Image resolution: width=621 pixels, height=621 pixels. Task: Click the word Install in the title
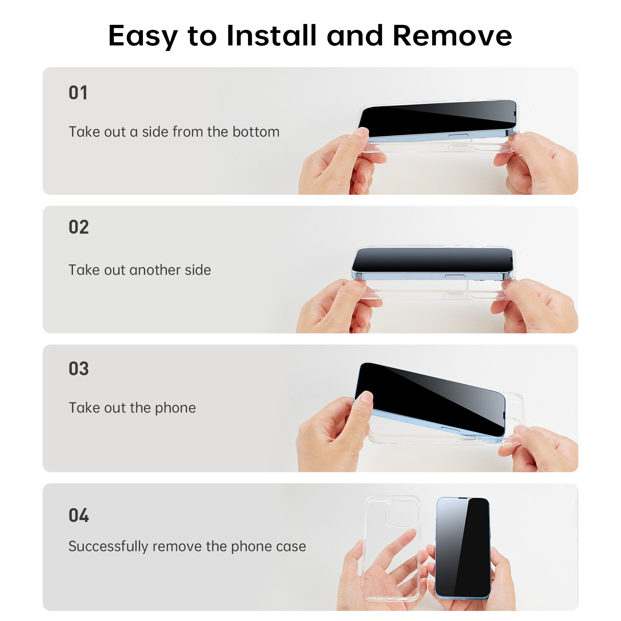click(x=271, y=36)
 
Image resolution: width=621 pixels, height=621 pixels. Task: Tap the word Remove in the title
click(x=452, y=36)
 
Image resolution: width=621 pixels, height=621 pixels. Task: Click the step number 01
click(x=78, y=93)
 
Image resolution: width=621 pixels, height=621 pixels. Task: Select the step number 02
click(x=78, y=227)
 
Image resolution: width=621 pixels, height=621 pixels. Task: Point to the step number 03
click(x=78, y=369)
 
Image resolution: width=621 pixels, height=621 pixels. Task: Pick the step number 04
click(x=78, y=515)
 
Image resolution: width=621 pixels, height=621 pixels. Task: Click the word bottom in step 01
click(x=256, y=132)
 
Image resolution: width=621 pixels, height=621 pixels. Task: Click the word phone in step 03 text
click(x=175, y=408)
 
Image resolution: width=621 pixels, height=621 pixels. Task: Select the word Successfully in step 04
click(x=108, y=546)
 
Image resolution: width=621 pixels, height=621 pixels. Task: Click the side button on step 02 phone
click(x=454, y=276)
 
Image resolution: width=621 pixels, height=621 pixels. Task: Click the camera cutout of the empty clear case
click(x=401, y=513)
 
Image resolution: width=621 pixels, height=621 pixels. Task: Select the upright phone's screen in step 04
click(x=462, y=547)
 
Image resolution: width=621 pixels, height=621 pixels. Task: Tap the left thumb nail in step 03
click(x=366, y=397)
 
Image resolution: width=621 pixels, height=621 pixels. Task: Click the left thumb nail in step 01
click(x=361, y=133)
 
